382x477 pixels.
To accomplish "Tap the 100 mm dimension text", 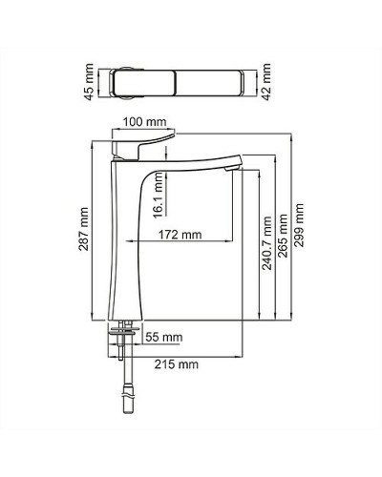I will coord(144,122).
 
